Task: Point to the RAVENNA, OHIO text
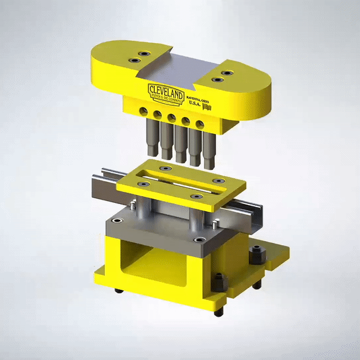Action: [x=200, y=96]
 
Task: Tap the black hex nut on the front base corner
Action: [x=218, y=281]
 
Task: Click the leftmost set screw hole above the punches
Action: [x=143, y=111]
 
